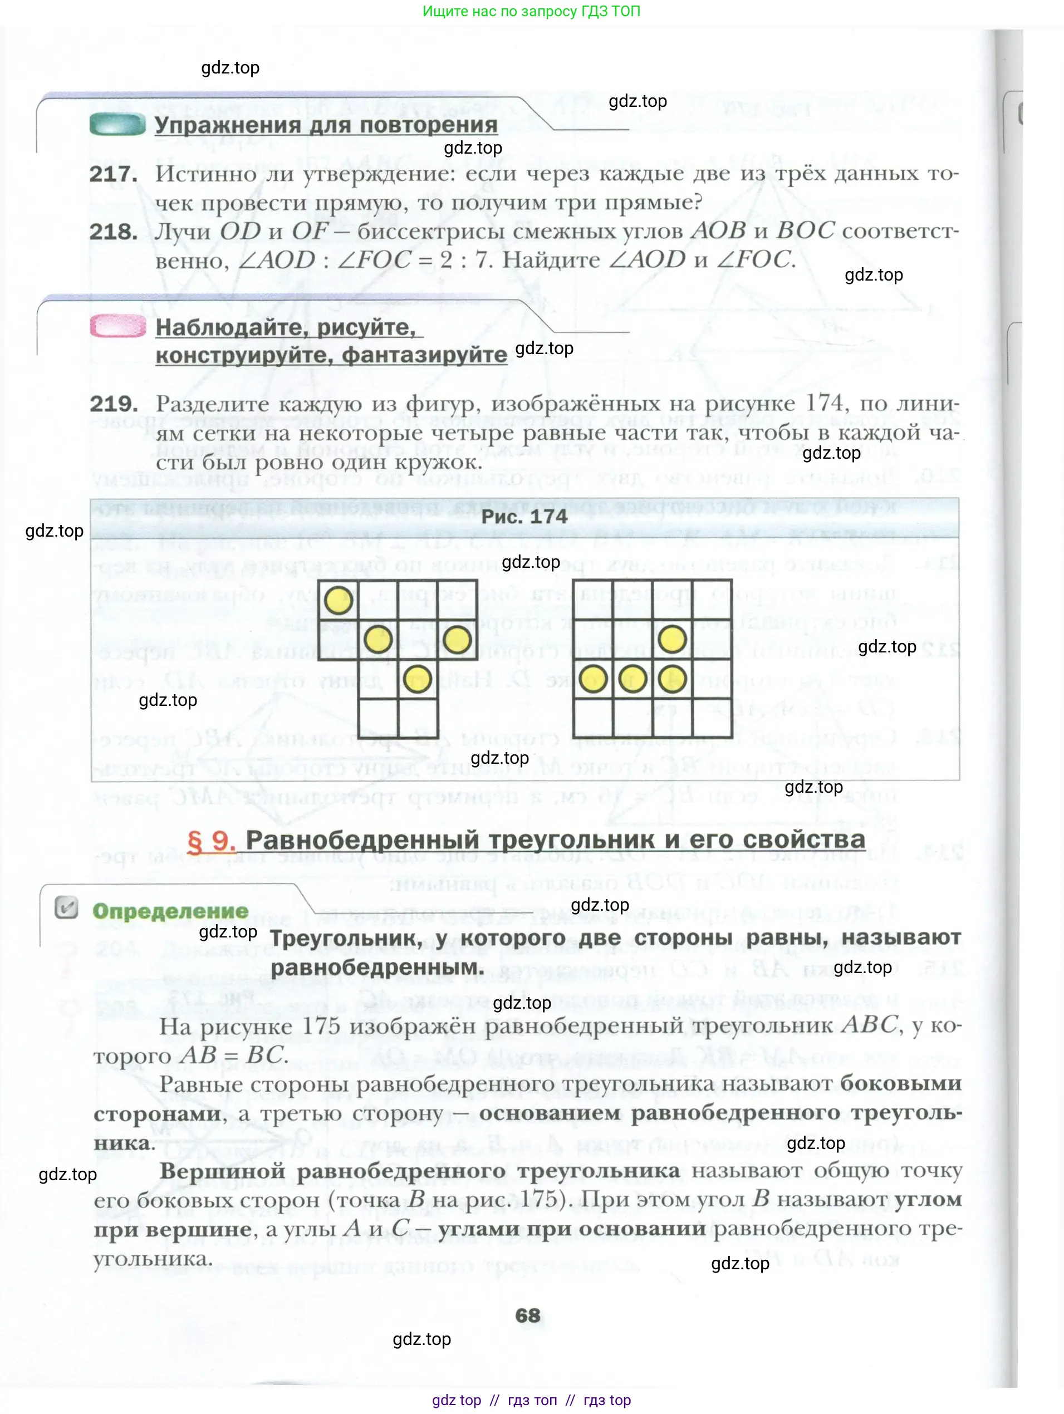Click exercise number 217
click(113, 174)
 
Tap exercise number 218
click(113, 232)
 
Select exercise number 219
click(114, 404)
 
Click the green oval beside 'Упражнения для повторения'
click(117, 124)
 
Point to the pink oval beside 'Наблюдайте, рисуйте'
click(118, 327)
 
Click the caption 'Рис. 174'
click(524, 517)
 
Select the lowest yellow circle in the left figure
click(417, 679)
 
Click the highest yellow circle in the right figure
click(672, 639)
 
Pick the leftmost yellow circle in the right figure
click(593, 679)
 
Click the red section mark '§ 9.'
click(211, 840)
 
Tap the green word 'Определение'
click(170, 911)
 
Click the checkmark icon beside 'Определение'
click(66, 907)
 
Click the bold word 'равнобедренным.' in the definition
click(377, 967)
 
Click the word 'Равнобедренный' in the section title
click(362, 839)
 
